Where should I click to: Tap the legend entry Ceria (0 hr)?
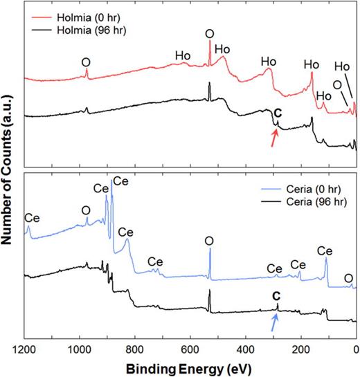click(x=297, y=187)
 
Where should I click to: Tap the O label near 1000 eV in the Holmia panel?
click(x=86, y=59)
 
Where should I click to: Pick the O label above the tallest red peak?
click(x=210, y=33)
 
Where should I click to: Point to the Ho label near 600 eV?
click(x=183, y=55)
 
